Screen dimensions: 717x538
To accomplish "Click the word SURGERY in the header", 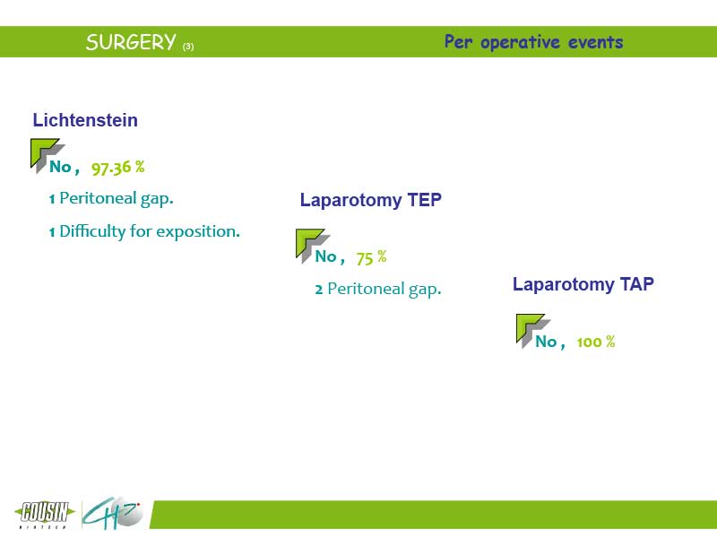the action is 131,42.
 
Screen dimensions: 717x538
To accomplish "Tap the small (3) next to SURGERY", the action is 188,47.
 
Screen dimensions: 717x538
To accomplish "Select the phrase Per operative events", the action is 533,42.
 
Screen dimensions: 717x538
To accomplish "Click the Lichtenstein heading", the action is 85,120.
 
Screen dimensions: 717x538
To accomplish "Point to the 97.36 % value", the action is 118,168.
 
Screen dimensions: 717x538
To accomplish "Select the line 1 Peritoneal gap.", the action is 111,198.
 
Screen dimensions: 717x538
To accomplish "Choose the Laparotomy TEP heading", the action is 371,200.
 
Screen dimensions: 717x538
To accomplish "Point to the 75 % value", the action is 371,257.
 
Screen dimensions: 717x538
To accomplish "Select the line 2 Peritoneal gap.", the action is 378,289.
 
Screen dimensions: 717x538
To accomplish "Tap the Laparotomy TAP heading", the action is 583,284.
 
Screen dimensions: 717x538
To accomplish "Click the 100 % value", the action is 596,342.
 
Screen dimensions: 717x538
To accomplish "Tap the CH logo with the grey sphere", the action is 113,513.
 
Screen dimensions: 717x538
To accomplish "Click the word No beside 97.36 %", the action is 60,167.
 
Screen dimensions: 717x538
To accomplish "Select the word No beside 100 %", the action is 546,342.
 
